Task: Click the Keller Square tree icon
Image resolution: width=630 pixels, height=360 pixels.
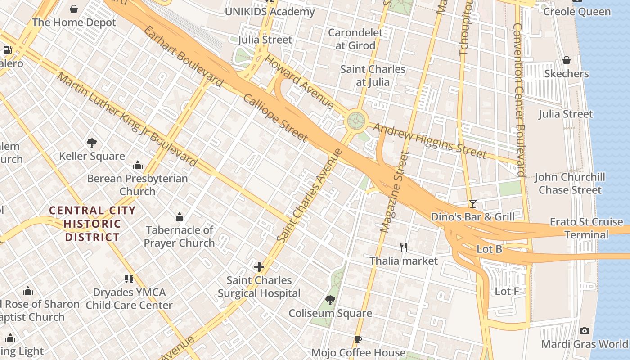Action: [x=92, y=143]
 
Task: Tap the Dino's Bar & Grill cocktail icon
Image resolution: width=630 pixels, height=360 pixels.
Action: [x=472, y=204]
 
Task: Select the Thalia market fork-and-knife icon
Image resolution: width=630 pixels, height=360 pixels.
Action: [x=404, y=247]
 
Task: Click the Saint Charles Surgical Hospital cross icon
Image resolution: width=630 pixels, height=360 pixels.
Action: [x=259, y=267]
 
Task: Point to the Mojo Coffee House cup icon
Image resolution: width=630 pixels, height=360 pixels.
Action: [x=358, y=339]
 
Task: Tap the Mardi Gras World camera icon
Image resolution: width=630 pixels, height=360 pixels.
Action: [x=584, y=331]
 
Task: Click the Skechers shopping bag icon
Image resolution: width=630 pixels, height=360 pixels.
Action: [x=567, y=60]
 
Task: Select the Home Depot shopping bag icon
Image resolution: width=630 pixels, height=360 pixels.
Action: [x=74, y=9]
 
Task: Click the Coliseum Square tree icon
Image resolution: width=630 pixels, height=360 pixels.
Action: [x=330, y=300]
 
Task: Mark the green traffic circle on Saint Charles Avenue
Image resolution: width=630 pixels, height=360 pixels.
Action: [x=356, y=121]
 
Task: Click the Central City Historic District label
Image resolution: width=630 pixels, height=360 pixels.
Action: [x=92, y=224]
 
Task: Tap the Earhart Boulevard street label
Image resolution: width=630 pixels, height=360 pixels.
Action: [x=183, y=56]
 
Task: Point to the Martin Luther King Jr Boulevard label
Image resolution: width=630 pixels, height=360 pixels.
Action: [x=127, y=119]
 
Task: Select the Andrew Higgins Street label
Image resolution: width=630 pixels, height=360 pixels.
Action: [x=430, y=141]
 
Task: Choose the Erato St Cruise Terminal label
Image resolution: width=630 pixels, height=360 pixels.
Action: [x=586, y=228]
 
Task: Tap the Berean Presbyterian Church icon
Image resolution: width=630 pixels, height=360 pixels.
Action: [x=138, y=166]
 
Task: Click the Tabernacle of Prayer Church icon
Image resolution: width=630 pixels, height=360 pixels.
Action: [x=180, y=217]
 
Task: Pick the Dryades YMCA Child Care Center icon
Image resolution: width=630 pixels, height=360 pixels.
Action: [x=129, y=279]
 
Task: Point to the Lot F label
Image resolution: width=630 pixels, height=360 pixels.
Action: [x=507, y=292]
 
